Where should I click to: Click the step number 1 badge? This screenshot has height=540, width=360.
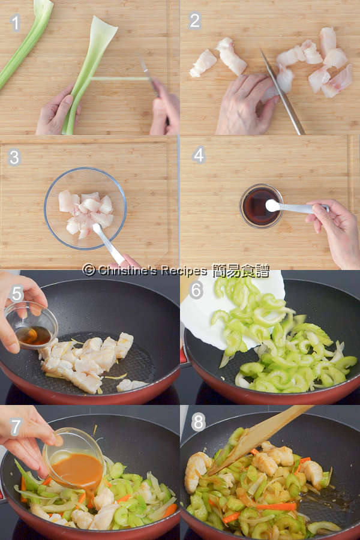(15, 23)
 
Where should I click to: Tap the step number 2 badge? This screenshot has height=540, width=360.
(194, 20)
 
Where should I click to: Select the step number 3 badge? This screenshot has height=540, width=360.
(14, 157)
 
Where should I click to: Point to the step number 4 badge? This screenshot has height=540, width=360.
(199, 155)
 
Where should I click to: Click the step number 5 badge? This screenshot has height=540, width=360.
(17, 294)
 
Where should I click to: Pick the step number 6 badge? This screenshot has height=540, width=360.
(196, 290)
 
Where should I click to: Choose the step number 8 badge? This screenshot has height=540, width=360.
(199, 422)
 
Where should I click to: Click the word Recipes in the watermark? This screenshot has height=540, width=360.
(184, 271)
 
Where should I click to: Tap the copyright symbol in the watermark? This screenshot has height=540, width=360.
(89, 270)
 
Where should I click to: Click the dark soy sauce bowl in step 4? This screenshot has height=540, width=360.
(262, 206)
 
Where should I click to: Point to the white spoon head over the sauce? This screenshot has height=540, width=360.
(273, 205)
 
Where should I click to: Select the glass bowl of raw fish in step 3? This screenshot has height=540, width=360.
(85, 208)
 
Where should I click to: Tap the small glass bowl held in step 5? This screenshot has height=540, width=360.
(31, 325)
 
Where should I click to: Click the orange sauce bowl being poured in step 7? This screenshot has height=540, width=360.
(74, 457)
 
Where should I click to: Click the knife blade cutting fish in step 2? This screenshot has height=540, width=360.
(282, 92)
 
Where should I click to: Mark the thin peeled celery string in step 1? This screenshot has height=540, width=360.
(120, 79)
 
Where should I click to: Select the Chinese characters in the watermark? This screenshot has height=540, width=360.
(241, 271)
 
